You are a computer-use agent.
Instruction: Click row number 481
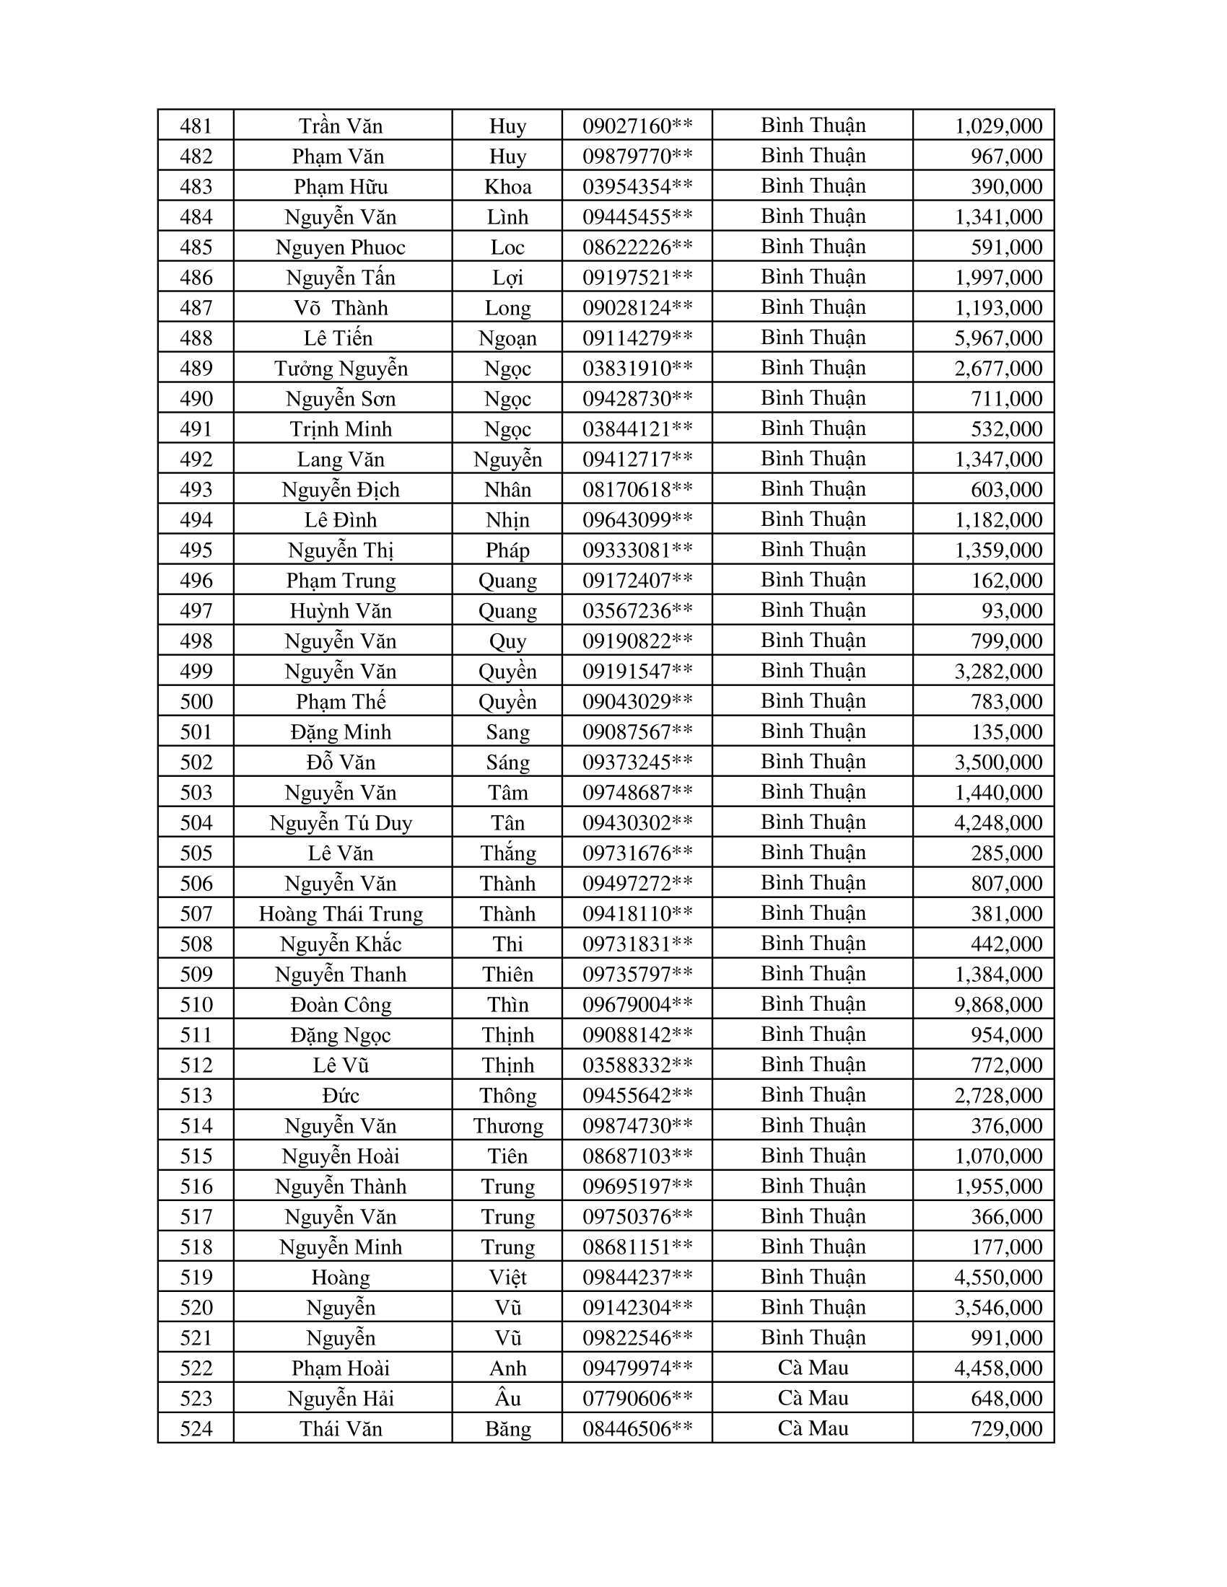pos(196,126)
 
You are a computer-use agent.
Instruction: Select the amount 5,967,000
pos(998,338)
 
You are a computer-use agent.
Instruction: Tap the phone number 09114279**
pos(637,338)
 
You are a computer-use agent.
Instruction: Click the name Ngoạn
pos(507,338)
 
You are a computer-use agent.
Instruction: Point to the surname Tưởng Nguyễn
pos(341,369)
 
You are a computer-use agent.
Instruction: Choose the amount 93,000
pos(1012,610)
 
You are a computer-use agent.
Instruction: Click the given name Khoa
pos(507,187)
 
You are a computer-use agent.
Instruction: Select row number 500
pos(196,701)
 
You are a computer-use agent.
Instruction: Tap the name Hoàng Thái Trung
pos(341,913)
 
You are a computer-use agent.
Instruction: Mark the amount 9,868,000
pos(998,1004)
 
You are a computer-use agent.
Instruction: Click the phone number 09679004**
pos(637,1004)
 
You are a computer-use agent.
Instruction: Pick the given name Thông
pos(507,1095)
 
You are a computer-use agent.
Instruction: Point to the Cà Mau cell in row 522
pos(813,1368)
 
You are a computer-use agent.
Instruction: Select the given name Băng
pos(507,1428)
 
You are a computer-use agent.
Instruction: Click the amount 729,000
pos(1007,1428)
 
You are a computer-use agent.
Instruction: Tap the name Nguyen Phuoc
pos(341,247)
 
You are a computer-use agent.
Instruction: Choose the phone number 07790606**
pos(637,1398)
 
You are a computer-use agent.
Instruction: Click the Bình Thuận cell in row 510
pos(813,1003)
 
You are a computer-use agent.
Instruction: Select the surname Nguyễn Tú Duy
pos(341,822)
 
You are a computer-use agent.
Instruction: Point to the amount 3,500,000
pos(998,762)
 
